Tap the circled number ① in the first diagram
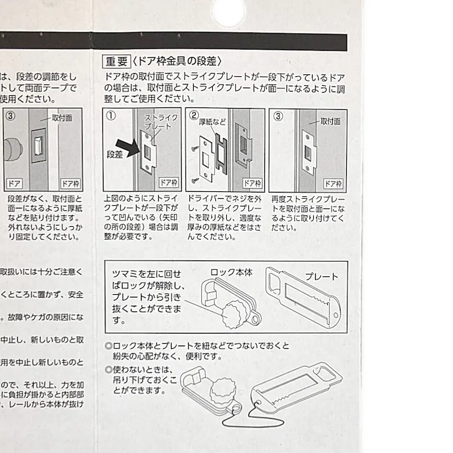coord(111,116)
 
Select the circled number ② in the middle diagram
coord(194,116)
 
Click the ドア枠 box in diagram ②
coord(252,183)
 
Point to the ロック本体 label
coord(231,273)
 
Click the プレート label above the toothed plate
coord(321,277)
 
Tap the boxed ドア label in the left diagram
coord(14,184)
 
